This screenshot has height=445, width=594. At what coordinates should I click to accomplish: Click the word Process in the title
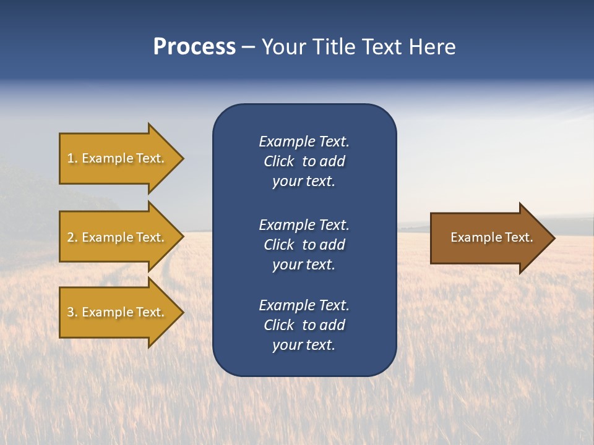[x=194, y=47]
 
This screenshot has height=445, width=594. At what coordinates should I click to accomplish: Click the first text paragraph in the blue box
[x=304, y=161]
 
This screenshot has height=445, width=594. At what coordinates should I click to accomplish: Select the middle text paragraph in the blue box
[x=304, y=245]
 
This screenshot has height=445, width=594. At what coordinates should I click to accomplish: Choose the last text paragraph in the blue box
[x=304, y=325]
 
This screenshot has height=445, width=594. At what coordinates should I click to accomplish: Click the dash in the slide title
[x=248, y=48]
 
